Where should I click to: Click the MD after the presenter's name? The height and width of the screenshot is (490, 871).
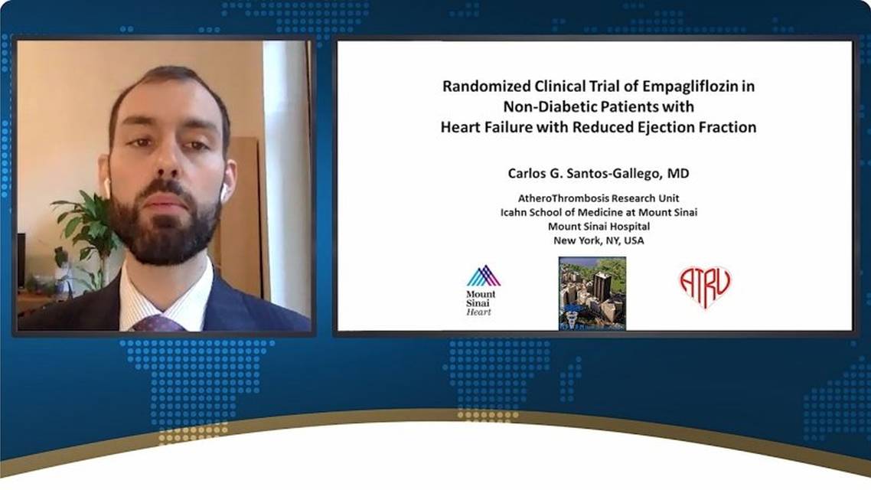pyautogui.click(x=678, y=173)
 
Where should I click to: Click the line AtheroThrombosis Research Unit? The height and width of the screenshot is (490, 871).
pyautogui.click(x=599, y=198)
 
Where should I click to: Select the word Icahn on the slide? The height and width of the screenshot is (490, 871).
pyautogui.click(x=512, y=212)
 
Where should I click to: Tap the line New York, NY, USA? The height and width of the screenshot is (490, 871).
pyautogui.click(x=599, y=240)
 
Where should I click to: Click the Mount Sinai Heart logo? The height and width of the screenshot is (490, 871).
pyautogui.click(x=481, y=291)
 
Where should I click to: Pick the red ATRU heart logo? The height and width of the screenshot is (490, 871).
pyautogui.click(x=705, y=286)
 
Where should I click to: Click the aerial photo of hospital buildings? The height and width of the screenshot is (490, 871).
pyautogui.click(x=592, y=293)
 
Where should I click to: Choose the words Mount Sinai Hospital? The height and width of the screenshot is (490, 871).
pyautogui.click(x=599, y=227)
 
